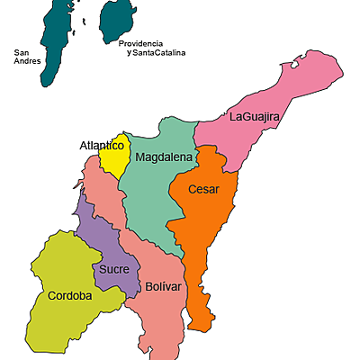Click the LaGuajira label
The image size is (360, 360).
255,117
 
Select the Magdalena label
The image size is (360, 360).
164,157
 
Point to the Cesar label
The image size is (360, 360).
203,189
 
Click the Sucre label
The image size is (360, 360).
114,269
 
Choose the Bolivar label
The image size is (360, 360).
164,286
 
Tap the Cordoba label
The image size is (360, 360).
69,295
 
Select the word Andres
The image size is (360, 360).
27,62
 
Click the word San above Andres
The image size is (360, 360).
22,52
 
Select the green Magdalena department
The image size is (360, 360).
148,198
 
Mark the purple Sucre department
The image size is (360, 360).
94,238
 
